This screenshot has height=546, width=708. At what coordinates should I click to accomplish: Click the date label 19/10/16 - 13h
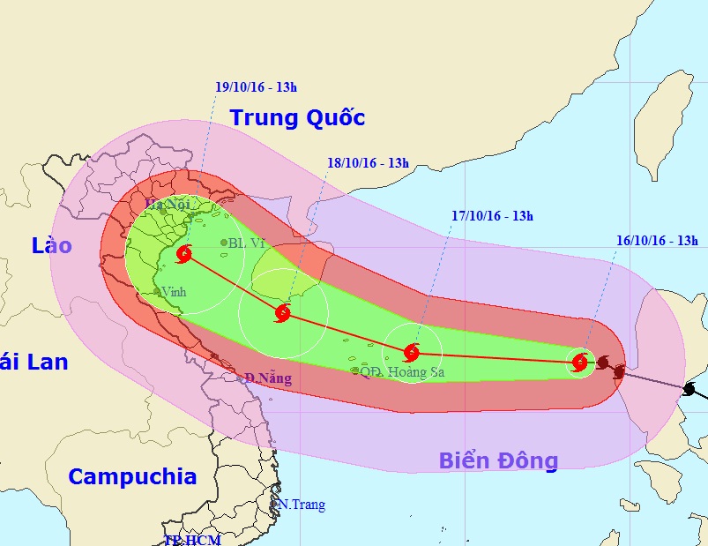point(257,87)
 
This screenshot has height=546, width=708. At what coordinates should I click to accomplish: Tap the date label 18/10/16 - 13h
point(369,163)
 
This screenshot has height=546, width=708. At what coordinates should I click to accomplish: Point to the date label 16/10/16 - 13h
point(657,240)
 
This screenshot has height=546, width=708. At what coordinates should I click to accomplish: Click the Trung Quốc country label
point(297,117)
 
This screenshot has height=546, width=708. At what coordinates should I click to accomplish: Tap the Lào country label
point(51,246)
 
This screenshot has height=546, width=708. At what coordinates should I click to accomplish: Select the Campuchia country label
point(132,477)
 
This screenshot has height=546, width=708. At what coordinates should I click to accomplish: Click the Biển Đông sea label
point(498,460)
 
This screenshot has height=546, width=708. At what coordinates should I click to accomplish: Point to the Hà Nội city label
point(167,206)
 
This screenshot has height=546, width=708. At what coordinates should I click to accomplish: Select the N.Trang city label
point(302,505)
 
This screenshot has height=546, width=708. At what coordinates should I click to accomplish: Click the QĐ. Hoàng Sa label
point(402,372)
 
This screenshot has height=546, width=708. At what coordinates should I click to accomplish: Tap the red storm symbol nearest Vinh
point(183,255)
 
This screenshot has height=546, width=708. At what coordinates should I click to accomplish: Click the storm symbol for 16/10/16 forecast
point(580,362)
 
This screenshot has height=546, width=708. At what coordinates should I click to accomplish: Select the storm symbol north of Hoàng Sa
point(412,353)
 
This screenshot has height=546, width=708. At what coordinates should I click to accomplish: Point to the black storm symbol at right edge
point(690,389)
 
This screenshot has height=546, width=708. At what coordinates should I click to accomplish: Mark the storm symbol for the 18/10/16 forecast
point(283,312)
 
